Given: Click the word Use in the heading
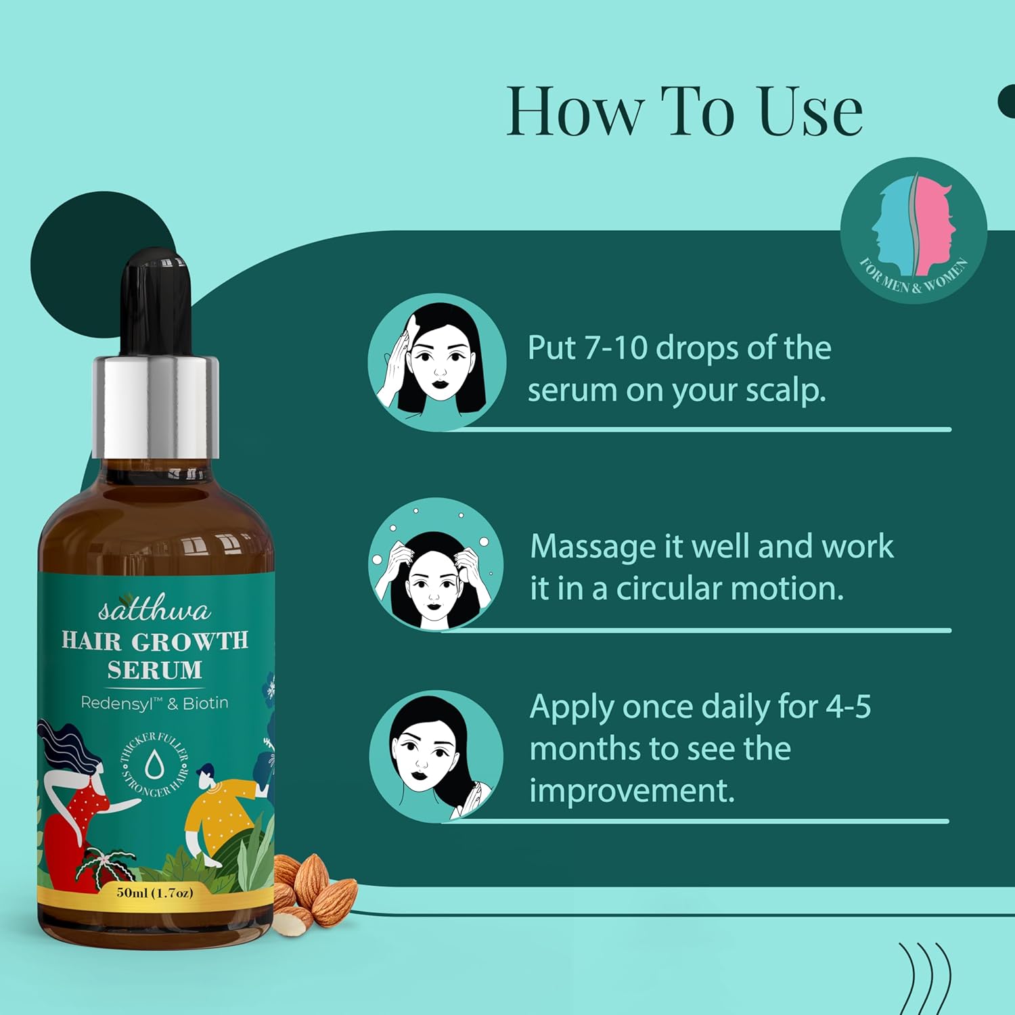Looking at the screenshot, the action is tap(811, 111).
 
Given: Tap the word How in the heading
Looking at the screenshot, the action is tap(574, 111).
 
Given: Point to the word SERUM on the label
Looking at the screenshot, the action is tap(155, 670).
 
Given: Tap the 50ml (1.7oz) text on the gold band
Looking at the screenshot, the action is tap(155, 893).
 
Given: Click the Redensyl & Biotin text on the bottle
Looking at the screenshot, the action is tap(154, 703).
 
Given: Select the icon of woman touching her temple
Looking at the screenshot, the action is tap(437, 361).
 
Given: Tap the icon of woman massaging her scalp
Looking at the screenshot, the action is tap(436, 564).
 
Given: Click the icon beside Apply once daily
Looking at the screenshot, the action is tap(436, 757).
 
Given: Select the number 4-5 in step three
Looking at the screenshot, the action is tap(849, 706).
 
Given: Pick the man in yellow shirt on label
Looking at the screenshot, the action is tap(220, 812).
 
